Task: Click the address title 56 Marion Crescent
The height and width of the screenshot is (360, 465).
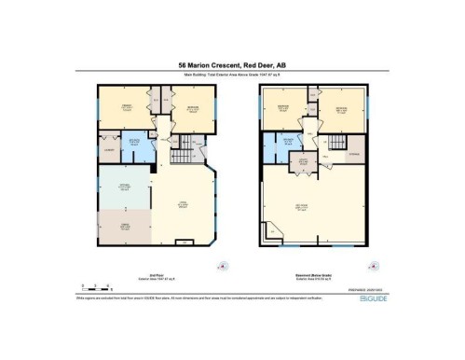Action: point(232,65)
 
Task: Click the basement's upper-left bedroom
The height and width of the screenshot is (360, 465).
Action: point(284,110)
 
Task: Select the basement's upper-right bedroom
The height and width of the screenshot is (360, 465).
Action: point(341,110)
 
